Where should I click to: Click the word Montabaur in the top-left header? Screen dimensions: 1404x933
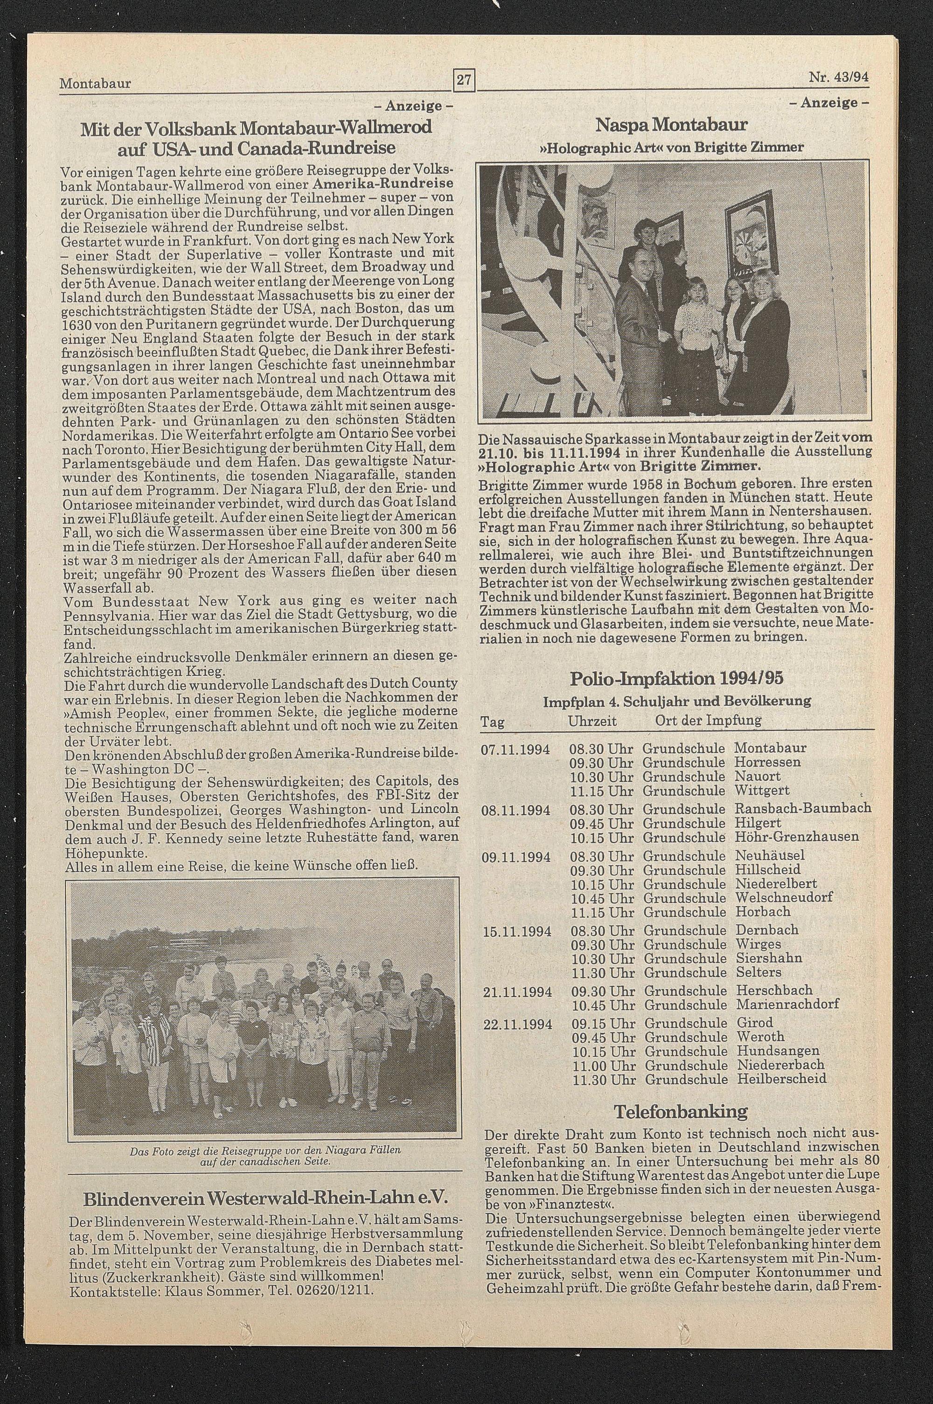click(x=95, y=84)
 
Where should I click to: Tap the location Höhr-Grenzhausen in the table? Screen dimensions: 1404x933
click(x=797, y=837)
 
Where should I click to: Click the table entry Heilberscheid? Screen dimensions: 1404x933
click(x=781, y=1079)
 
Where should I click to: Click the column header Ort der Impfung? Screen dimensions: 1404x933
click(x=708, y=721)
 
